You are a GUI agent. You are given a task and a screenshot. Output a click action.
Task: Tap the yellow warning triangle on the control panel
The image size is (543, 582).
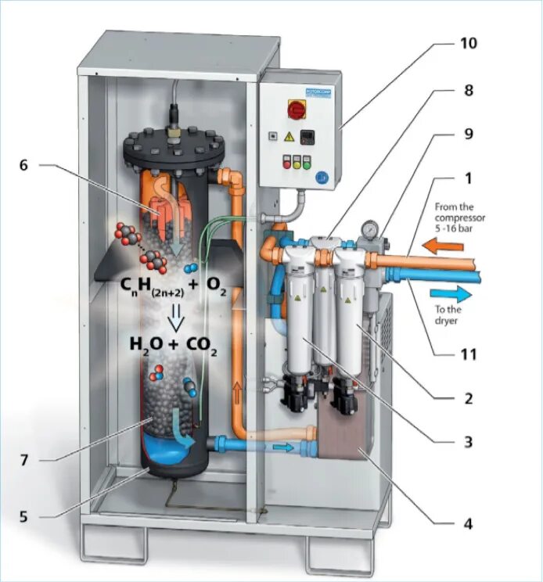[289, 137]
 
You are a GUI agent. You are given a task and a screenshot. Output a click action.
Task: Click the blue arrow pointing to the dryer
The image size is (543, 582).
[452, 295]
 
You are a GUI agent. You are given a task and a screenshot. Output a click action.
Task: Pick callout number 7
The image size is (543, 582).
[23, 460]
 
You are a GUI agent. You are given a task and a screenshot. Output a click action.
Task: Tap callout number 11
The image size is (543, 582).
[467, 353]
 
